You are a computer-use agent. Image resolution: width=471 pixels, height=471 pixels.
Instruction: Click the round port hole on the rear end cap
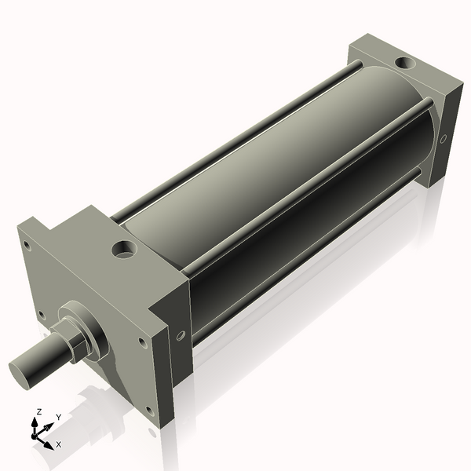406,62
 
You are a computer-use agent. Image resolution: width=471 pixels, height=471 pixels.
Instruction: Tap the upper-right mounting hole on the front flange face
141,341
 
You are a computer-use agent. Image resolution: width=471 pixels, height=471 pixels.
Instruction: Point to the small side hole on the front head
181,336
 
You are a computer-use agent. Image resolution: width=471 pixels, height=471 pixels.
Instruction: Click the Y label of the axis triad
58,418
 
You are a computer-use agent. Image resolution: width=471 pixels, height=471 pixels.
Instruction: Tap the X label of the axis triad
59,444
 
